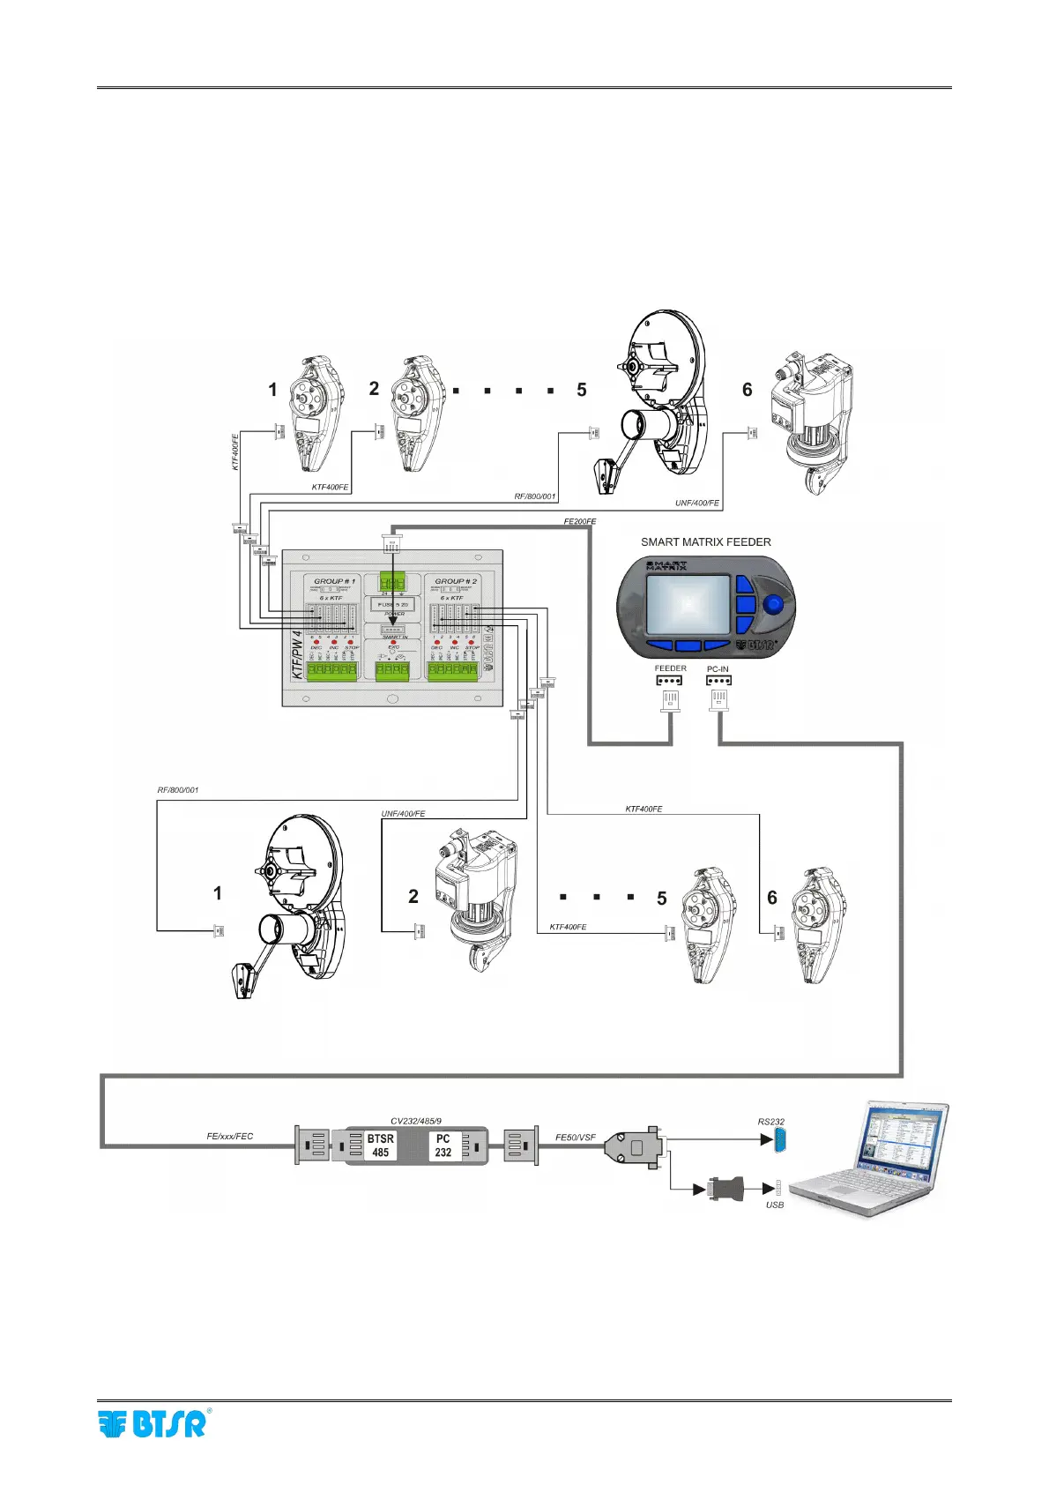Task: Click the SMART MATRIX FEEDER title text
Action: coord(705,542)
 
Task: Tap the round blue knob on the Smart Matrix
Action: coord(773,605)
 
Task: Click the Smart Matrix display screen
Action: coord(688,604)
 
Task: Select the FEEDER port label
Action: coord(670,668)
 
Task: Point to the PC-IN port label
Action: coord(718,669)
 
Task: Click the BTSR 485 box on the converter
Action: coord(380,1145)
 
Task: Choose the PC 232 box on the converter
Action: coord(443,1145)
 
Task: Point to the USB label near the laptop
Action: coord(774,1205)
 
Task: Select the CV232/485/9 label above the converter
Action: coord(416,1122)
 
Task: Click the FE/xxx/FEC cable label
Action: coord(229,1137)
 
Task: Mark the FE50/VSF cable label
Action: coord(575,1138)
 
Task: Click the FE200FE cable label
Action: coord(579,522)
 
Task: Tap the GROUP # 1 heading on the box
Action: coord(335,582)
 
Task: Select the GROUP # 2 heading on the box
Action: coord(456,582)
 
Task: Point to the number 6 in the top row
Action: coord(748,390)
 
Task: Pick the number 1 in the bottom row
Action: coord(218,893)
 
